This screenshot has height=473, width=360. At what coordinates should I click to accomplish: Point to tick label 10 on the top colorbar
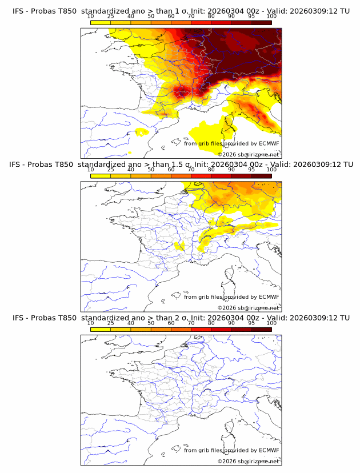pos(91,17)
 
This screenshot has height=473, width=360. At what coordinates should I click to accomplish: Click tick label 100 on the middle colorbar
pos(271,170)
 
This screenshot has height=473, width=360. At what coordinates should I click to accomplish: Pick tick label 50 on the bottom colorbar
pos(151,323)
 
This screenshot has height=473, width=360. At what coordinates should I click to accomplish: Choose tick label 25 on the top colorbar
pos(111,17)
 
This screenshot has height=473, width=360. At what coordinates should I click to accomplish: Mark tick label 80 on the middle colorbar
pos(211,170)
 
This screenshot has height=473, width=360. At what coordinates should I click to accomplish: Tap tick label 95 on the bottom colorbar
pos(251,323)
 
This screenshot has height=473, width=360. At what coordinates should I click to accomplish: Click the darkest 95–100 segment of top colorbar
pos(261,23)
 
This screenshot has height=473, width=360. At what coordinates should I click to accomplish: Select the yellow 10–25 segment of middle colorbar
pos(101,176)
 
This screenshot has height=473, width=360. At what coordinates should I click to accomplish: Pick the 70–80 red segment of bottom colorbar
pos(201,329)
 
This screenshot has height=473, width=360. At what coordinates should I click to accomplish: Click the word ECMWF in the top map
pos(269,143)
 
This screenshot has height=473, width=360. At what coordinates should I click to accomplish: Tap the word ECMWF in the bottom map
pos(269,450)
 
